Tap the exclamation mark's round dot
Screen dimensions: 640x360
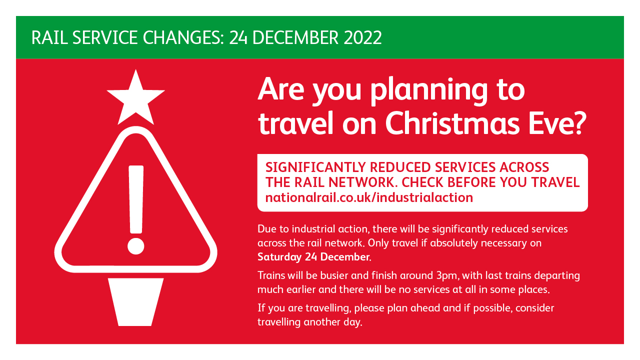[135, 246]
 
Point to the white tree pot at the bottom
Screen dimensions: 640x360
[135, 302]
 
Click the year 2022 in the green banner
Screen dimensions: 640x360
[362, 37]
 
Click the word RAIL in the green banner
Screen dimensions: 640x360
[49, 37]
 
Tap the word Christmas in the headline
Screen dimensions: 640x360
[452, 123]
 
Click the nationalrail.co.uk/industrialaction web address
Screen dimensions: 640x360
[369, 197]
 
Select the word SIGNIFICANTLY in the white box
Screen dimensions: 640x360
[315, 167]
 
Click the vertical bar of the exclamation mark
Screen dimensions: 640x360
[136, 199]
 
